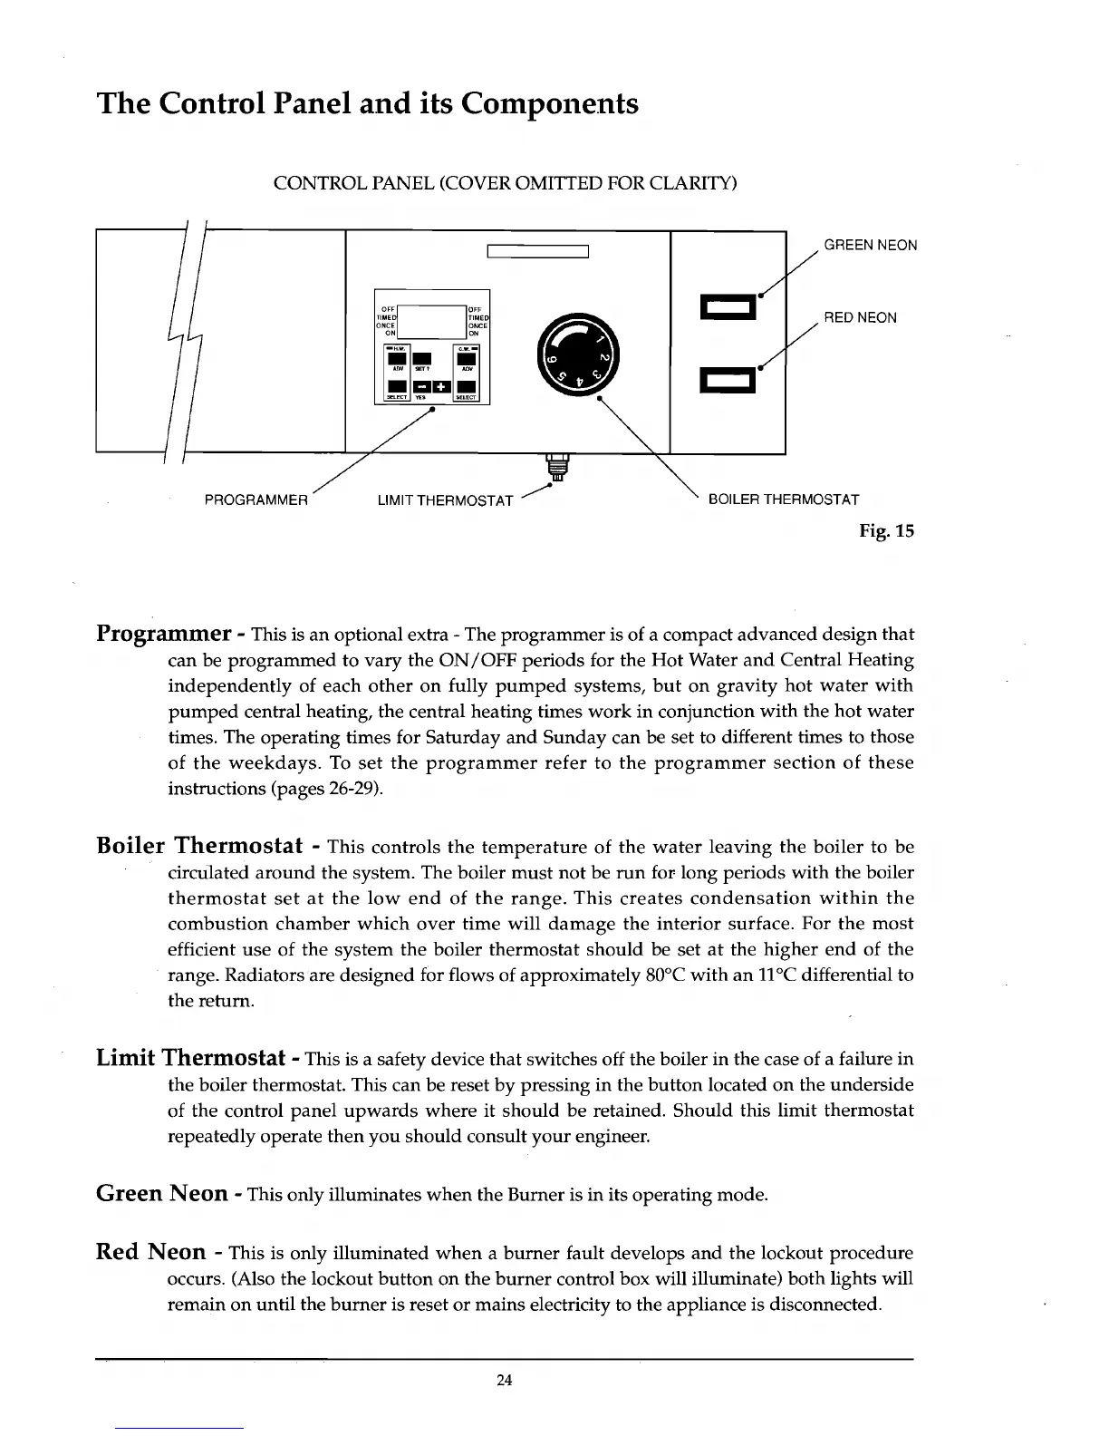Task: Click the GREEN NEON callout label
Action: point(870,246)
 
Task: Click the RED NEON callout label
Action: point(860,318)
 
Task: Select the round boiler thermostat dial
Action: point(577,354)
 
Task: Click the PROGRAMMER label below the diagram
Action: point(257,500)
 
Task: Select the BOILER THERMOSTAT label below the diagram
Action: point(783,500)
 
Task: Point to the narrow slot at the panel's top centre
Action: point(538,252)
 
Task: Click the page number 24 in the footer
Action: point(505,1381)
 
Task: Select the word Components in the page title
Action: point(549,104)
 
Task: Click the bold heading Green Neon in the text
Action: point(162,1193)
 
